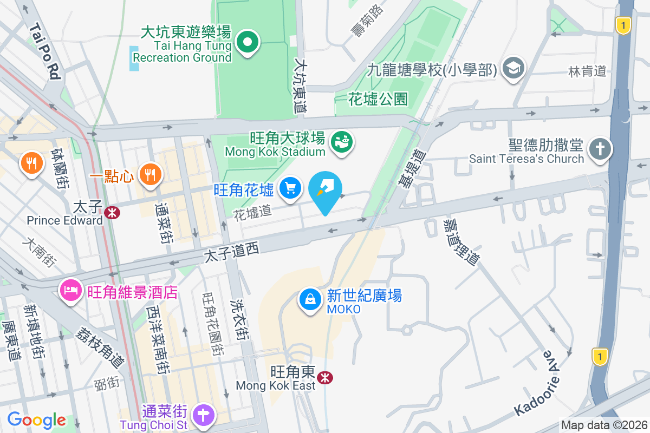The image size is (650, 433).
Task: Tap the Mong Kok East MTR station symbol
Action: click(x=326, y=377)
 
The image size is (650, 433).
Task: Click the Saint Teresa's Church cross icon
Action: click(x=600, y=148)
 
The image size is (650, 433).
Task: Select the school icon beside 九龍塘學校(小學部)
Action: click(x=512, y=68)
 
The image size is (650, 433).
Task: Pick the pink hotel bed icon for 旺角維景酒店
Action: click(x=70, y=292)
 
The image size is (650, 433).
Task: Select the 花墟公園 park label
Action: click(x=378, y=99)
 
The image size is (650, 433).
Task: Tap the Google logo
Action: click(x=37, y=419)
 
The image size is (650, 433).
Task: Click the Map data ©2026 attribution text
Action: click(x=604, y=425)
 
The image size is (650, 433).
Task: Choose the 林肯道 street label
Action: click(x=587, y=71)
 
